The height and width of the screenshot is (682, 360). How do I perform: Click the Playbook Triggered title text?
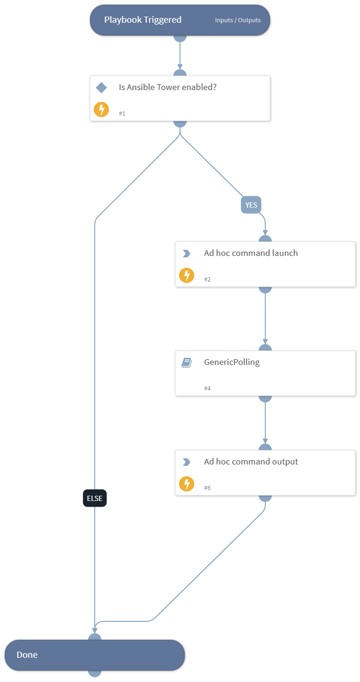tap(143, 20)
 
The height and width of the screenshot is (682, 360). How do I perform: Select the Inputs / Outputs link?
tap(238, 20)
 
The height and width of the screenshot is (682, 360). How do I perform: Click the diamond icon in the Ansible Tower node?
tap(101, 88)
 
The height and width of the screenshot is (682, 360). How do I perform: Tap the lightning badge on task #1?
tap(101, 109)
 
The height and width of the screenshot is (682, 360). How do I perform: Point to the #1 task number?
tap(122, 114)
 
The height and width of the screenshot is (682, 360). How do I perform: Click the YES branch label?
tap(251, 205)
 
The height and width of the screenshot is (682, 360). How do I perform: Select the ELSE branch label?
tap(95, 498)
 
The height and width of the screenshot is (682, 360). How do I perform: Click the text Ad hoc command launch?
tap(251, 253)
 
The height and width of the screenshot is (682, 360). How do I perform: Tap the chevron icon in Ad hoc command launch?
tap(187, 254)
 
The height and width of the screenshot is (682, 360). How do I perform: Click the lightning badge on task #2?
tap(187, 275)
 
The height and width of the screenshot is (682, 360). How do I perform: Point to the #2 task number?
tap(207, 280)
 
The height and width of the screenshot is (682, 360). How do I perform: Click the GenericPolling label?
tap(232, 363)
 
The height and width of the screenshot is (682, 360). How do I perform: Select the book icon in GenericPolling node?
tap(187, 363)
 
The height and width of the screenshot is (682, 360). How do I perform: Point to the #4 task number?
tap(207, 389)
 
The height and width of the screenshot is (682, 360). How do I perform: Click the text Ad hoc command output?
tap(251, 462)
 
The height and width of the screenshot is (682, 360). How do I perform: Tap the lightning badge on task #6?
tap(187, 484)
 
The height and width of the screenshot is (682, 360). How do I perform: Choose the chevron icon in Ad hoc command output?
tap(187, 462)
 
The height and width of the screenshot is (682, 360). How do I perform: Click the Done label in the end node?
tap(27, 655)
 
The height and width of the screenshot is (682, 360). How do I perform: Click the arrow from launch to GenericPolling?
tap(265, 318)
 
